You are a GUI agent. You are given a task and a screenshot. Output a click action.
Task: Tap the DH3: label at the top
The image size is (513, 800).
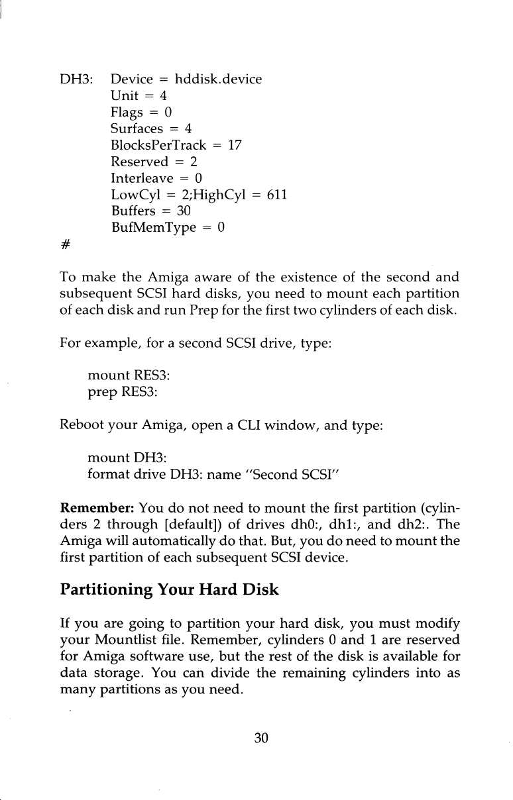(x=74, y=80)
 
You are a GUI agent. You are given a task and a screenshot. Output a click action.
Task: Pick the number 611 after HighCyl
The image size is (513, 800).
(x=276, y=195)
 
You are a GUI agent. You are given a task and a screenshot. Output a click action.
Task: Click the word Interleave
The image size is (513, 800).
(x=141, y=178)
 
